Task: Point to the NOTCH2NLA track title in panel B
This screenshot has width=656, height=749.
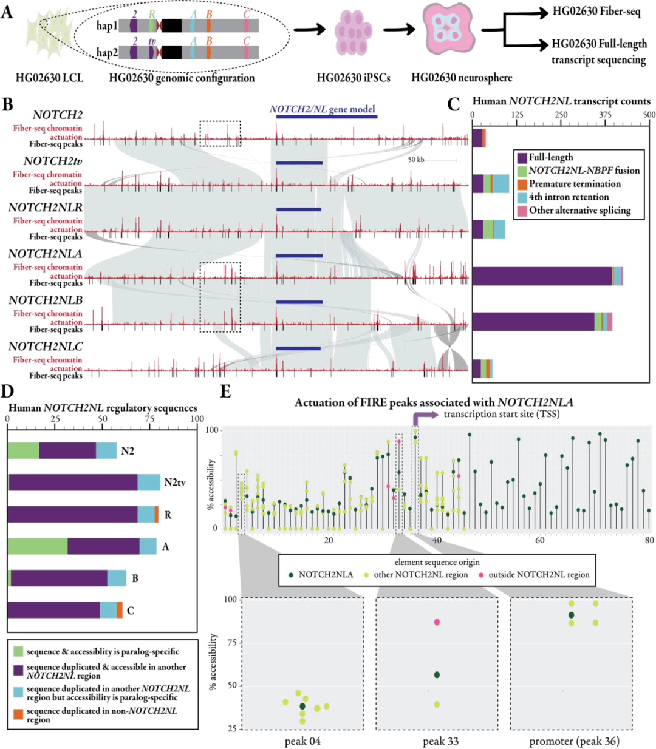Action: [x=45, y=254]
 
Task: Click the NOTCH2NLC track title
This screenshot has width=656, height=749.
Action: [x=45, y=347]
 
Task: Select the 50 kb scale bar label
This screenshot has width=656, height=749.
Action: [x=416, y=160]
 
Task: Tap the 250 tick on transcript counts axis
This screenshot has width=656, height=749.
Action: [x=561, y=115]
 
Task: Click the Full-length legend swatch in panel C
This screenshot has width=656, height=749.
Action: [x=521, y=157]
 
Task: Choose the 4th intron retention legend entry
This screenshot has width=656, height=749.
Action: [x=569, y=197]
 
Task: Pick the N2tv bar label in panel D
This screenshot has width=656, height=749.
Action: [x=175, y=483]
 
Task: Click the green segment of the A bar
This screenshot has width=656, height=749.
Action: [x=37, y=547]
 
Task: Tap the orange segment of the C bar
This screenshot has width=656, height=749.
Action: [x=120, y=610]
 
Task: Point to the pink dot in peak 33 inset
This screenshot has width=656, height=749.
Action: [x=437, y=622]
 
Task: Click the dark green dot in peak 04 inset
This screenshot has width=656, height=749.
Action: [x=302, y=706]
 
